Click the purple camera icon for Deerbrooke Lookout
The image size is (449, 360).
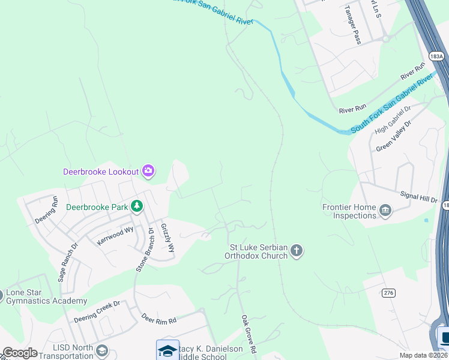point(148,172)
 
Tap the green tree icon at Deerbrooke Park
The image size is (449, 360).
point(137,206)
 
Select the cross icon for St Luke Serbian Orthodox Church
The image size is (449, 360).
point(296,250)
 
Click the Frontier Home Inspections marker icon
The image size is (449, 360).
point(385,210)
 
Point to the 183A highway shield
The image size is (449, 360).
point(437,56)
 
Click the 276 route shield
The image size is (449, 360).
point(388,292)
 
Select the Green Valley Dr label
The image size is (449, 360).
point(393,137)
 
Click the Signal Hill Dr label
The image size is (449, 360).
point(419,196)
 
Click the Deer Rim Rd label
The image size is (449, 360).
point(159,318)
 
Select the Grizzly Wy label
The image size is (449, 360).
point(167,238)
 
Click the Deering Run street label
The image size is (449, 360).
point(46,210)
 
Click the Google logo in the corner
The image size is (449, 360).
point(19,353)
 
